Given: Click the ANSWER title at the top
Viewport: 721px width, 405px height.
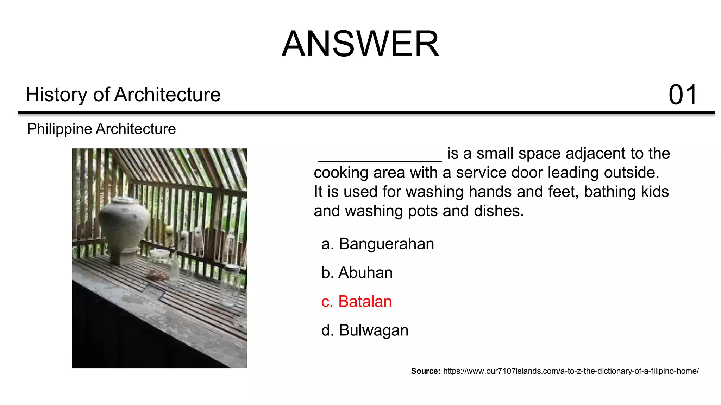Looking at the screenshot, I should click(x=360, y=44).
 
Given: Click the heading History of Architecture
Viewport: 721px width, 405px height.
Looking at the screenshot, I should click(x=123, y=95).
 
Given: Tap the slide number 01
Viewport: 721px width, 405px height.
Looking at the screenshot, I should click(x=682, y=95).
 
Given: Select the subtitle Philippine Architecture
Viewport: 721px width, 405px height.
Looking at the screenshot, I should click(x=101, y=129).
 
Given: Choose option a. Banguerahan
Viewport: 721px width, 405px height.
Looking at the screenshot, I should click(x=377, y=244).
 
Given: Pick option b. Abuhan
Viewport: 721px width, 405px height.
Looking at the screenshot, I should click(x=357, y=273).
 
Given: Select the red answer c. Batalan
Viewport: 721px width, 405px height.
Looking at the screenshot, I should click(x=356, y=302).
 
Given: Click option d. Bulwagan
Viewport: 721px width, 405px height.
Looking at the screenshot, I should click(x=365, y=330).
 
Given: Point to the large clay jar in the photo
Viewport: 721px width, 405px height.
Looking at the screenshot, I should click(x=123, y=225).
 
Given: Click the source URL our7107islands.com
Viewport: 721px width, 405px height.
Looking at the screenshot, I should click(x=571, y=371).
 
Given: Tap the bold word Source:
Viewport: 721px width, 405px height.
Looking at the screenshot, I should click(x=425, y=371).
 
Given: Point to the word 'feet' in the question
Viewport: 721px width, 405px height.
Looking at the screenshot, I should click(x=563, y=192).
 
